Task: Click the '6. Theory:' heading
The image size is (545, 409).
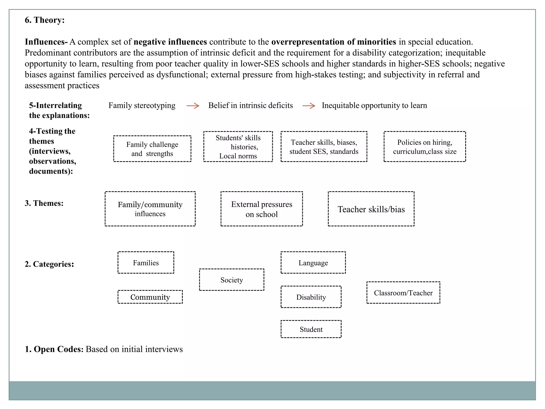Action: [x=45, y=20]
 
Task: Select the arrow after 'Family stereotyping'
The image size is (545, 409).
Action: [x=193, y=106]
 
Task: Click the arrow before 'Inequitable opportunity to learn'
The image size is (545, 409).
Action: [x=309, y=106]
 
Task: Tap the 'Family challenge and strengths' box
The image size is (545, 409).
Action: [x=152, y=149]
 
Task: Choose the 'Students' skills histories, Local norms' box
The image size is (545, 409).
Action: [x=238, y=147]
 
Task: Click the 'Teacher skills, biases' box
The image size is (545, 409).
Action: [x=324, y=147]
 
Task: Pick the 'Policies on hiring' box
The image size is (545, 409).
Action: [x=425, y=147]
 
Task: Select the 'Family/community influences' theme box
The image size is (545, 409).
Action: [x=150, y=209]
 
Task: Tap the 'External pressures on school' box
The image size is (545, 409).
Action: [x=262, y=209]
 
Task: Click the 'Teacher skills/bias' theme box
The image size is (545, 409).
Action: [x=371, y=209]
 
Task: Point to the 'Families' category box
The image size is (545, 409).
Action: [x=146, y=263]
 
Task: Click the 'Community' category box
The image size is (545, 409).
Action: [x=150, y=297]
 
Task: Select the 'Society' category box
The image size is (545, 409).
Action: [x=232, y=280]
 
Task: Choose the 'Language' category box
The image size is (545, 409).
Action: [x=313, y=263]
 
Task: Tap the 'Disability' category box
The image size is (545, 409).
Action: [x=311, y=297]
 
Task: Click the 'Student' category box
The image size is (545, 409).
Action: [x=311, y=329]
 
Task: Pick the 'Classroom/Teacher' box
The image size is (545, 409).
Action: [x=403, y=293]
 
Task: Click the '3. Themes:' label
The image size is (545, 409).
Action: [x=44, y=203]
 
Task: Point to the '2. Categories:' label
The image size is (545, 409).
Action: [x=49, y=264]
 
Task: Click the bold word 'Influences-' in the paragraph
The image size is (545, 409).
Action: [x=46, y=42]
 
